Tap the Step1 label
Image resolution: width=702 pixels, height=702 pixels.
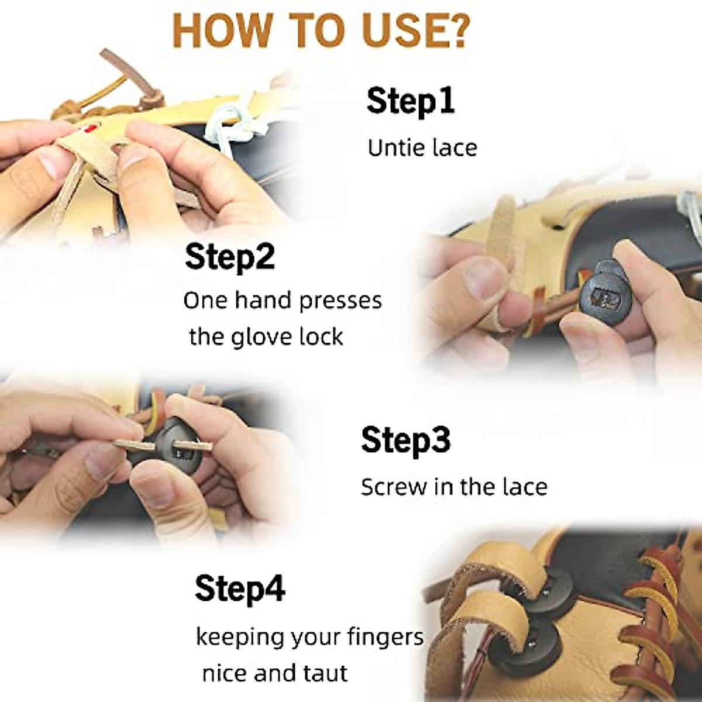[x=410, y=101]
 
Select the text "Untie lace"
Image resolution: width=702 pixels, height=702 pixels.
[x=422, y=147]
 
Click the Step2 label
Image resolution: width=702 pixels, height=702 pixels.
[x=229, y=257]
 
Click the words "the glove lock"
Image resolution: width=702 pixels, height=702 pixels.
[x=266, y=337]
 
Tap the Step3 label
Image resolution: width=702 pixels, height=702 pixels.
[x=405, y=440]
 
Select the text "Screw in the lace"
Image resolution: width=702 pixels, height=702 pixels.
[x=454, y=487]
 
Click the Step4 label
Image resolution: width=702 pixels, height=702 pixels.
[x=240, y=588]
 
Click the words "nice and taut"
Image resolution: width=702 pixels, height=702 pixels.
[x=275, y=673]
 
